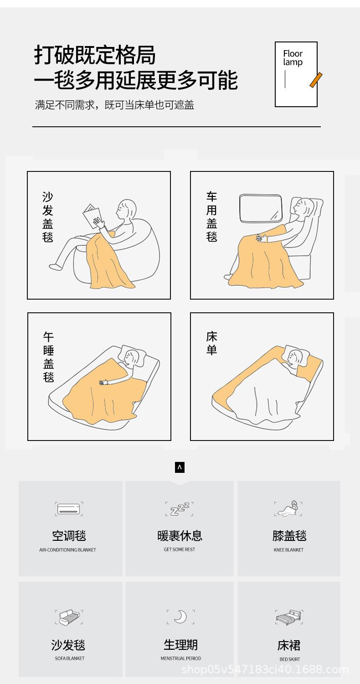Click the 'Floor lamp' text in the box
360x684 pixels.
pyautogui.click(x=293, y=58)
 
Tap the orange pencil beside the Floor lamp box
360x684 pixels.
pyautogui.click(x=316, y=80)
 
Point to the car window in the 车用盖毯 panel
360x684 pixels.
pyautogui.click(x=261, y=208)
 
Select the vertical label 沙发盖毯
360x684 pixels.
pyautogui.click(x=47, y=217)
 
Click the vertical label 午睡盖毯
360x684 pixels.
pyautogui.click(x=48, y=357)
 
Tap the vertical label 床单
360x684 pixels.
pyautogui.click(x=211, y=343)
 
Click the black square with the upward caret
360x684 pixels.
pyautogui.click(x=180, y=467)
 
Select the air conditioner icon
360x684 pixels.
pyautogui.click(x=69, y=509)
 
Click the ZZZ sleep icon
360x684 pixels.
pyautogui.click(x=180, y=509)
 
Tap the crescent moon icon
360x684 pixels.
pyautogui.click(x=180, y=617)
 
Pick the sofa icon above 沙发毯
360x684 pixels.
pyautogui.click(x=69, y=617)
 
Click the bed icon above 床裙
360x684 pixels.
pyautogui.click(x=289, y=617)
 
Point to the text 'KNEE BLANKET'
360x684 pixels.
pyautogui.click(x=288, y=549)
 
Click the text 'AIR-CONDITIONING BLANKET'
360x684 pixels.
pyautogui.click(x=68, y=549)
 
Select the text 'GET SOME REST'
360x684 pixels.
pyautogui.click(x=180, y=549)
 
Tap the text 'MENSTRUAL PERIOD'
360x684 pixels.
pyautogui.click(x=181, y=658)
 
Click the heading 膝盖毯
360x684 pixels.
pyautogui.click(x=289, y=536)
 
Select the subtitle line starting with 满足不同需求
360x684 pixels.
pyautogui.click(x=114, y=105)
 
